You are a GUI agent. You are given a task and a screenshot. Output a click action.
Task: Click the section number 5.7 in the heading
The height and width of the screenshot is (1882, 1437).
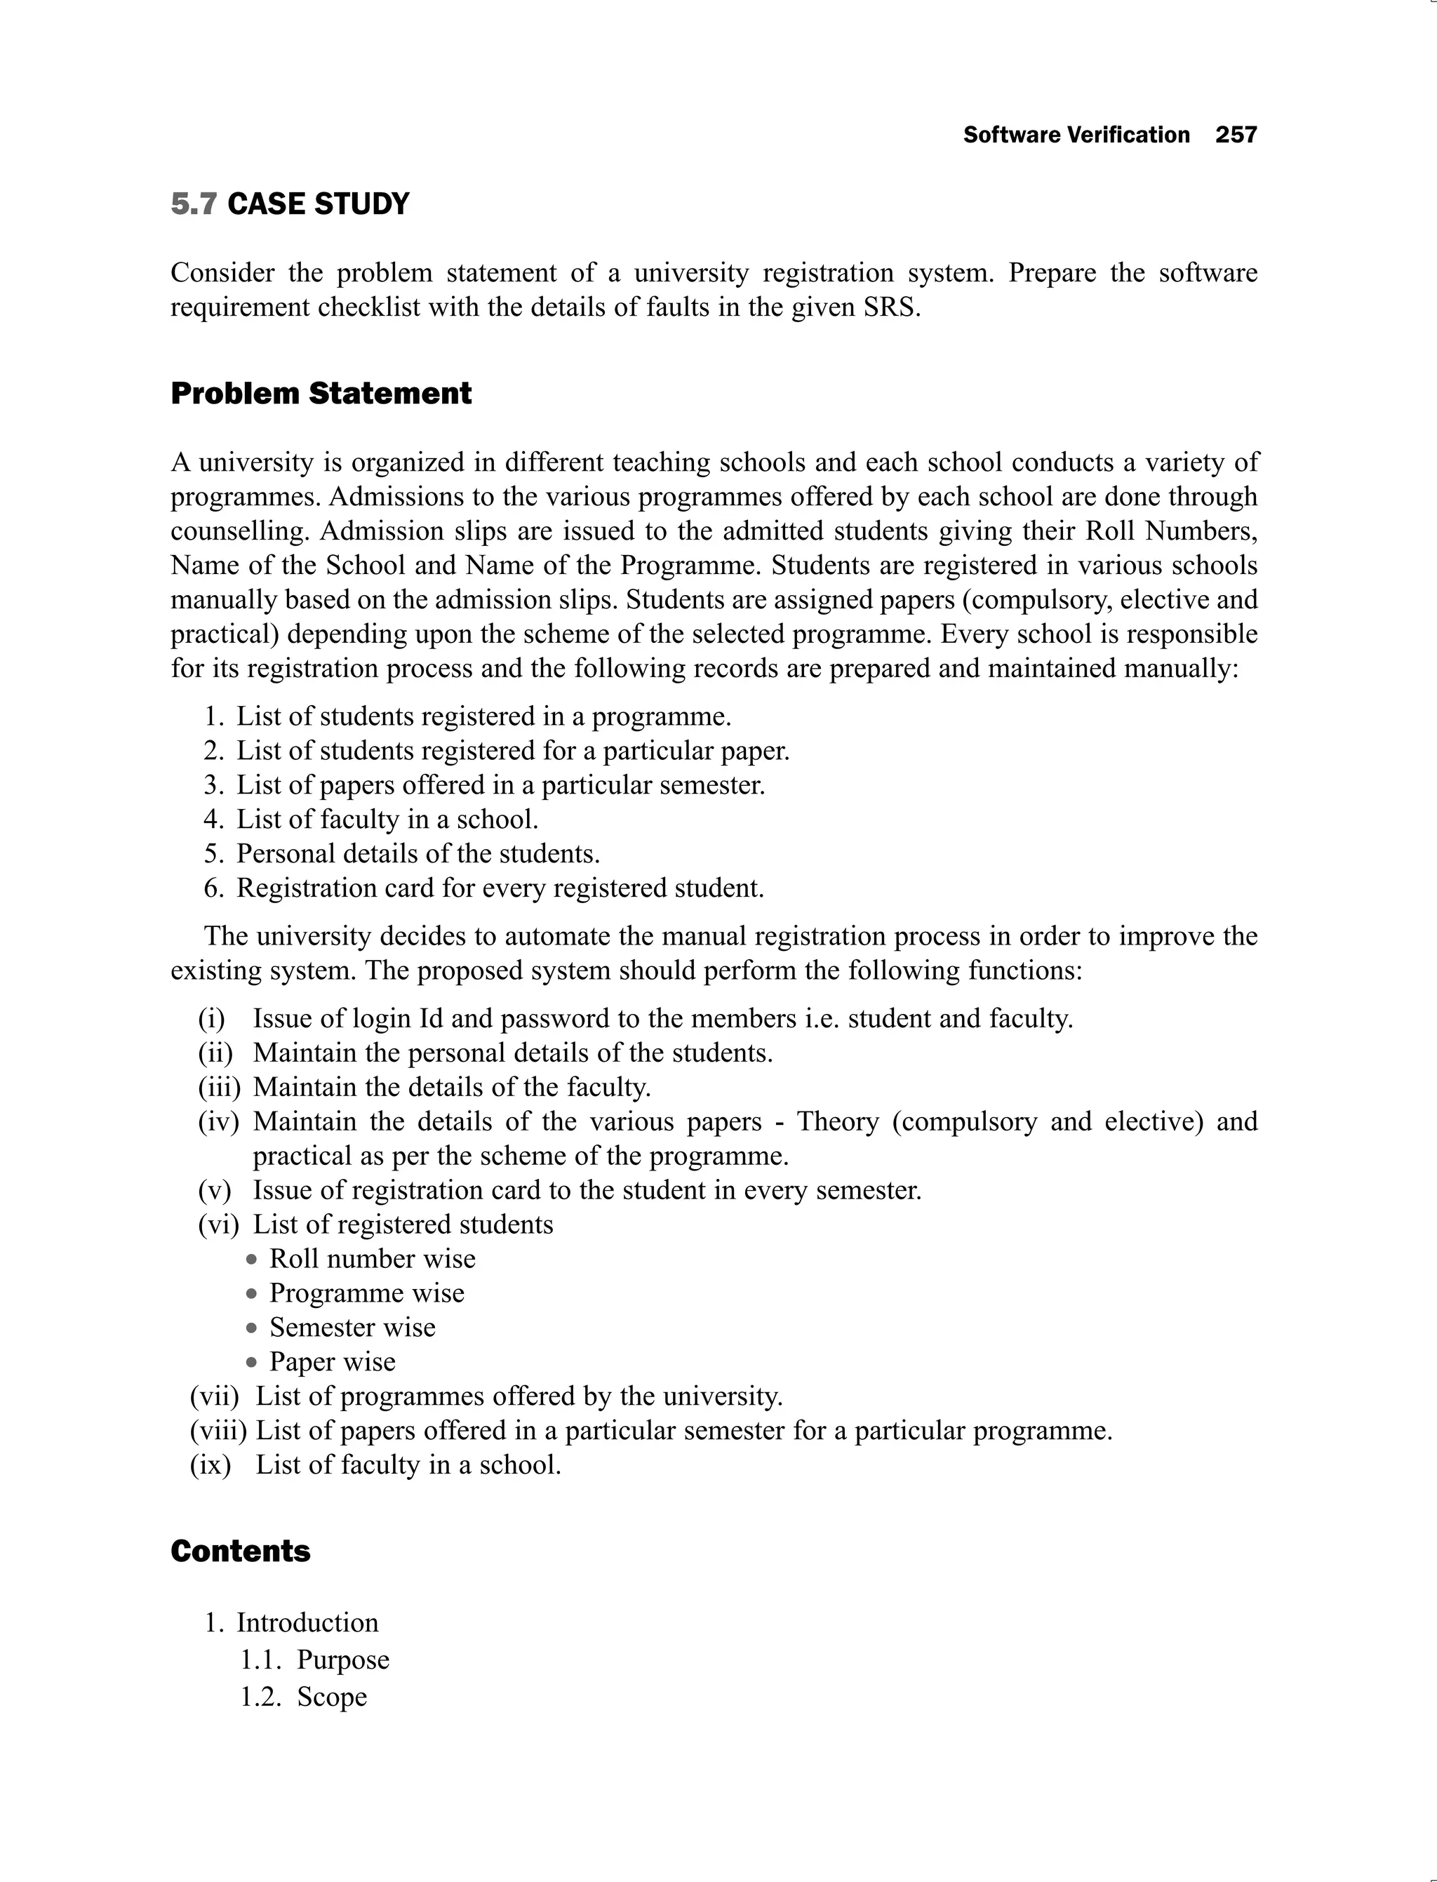[194, 204]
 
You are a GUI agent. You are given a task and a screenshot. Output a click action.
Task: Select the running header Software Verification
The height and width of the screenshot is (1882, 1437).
[1076, 135]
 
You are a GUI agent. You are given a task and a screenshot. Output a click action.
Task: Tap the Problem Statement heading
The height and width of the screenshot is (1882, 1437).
[321, 394]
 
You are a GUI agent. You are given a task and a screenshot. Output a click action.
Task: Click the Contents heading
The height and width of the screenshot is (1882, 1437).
[241, 1551]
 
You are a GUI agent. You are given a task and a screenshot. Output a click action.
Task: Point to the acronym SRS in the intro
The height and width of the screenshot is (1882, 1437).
[890, 307]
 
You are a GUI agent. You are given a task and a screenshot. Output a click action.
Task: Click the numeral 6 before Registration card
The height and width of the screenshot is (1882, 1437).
[212, 888]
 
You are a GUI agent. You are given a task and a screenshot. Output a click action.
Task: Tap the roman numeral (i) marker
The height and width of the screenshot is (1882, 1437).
[212, 1019]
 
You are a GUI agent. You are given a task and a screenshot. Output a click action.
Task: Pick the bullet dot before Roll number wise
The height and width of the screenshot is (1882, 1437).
[251, 1260]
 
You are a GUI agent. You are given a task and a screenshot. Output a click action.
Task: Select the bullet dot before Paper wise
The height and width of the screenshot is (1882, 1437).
[251, 1363]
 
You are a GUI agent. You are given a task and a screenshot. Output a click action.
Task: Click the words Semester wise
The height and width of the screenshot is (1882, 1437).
[352, 1328]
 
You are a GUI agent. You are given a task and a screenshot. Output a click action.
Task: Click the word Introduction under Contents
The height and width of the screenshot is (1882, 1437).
[307, 1623]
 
